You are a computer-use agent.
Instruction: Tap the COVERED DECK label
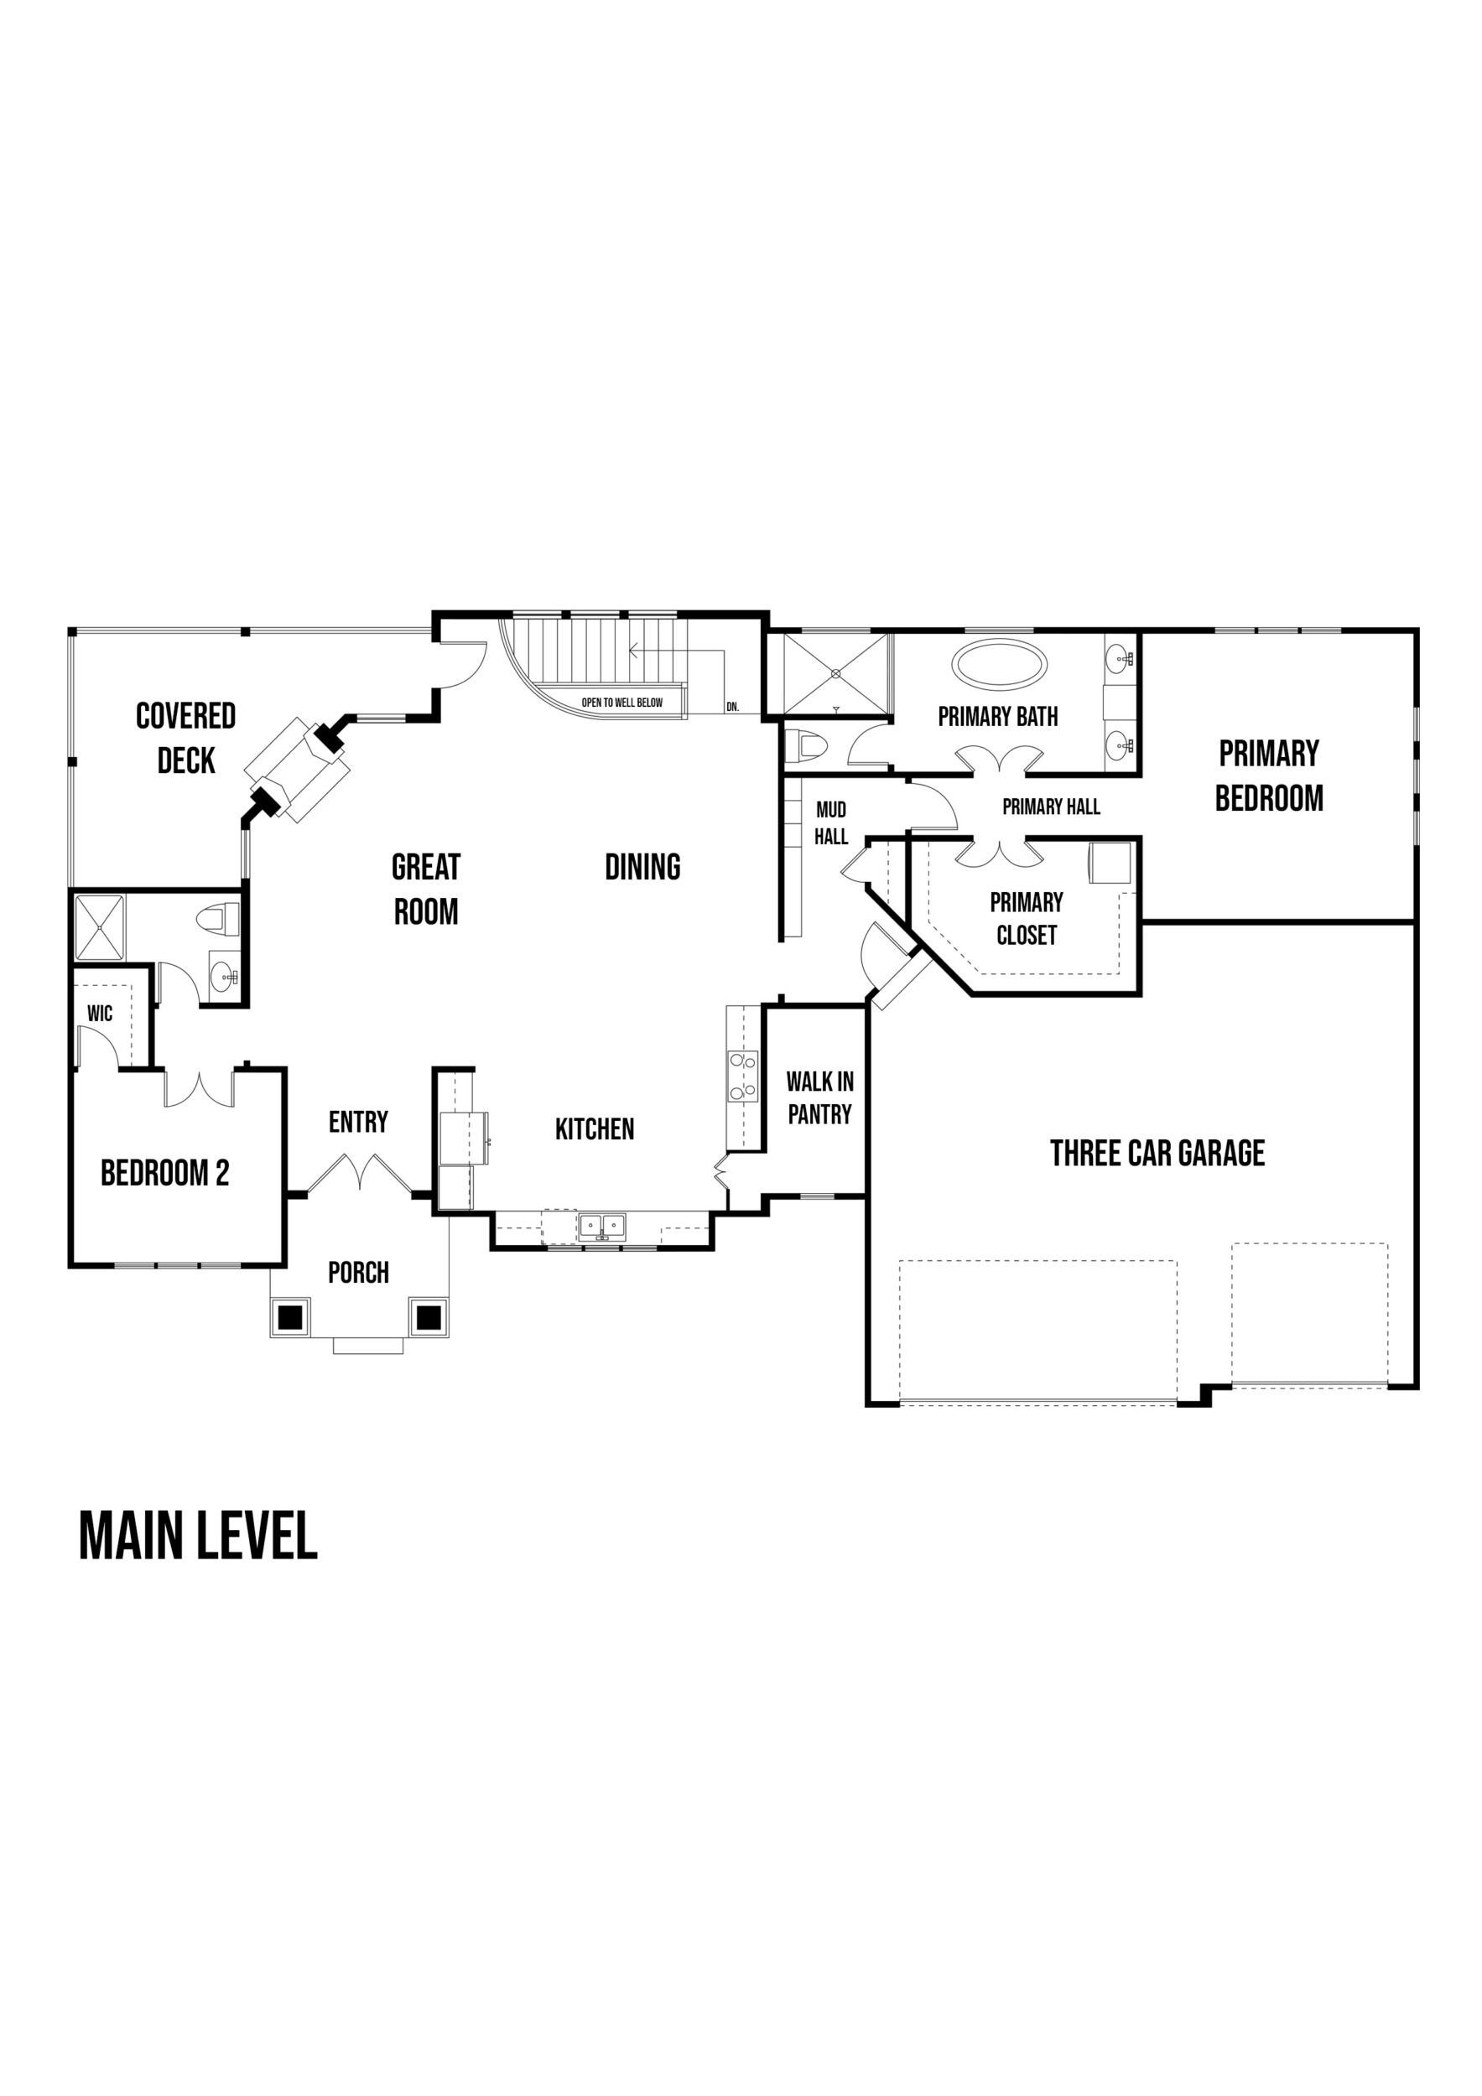point(185,738)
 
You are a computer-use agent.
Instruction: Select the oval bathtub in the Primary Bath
point(999,664)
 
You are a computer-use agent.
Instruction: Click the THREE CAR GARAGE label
point(1157,1153)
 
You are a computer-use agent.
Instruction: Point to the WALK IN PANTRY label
point(820,1097)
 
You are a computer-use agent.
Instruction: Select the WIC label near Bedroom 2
point(100,1014)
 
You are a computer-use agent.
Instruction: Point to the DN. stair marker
point(732,707)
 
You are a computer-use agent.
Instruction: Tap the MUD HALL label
point(831,822)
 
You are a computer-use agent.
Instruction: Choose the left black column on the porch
point(289,1317)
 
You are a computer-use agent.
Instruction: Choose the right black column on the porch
point(429,1317)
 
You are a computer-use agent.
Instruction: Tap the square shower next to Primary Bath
point(835,675)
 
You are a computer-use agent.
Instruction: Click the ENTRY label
point(358,1122)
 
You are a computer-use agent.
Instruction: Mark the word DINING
point(642,867)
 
